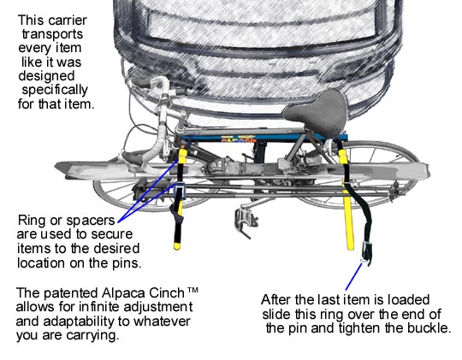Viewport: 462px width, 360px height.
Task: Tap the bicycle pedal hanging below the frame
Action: tap(246, 221)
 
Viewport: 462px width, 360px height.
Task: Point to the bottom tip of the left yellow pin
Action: tap(177, 248)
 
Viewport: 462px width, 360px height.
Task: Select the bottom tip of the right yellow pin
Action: tap(350, 248)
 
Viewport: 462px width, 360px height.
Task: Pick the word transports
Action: tap(52, 34)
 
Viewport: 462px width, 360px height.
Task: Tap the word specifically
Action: tap(55, 91)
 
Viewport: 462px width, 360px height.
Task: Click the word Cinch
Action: tap(167, 293)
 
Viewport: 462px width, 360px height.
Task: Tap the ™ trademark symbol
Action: tap(192, 290)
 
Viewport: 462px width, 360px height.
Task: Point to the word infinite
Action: tap(99, 307)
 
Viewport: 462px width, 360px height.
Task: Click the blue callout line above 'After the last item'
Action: tap(353, 277)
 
